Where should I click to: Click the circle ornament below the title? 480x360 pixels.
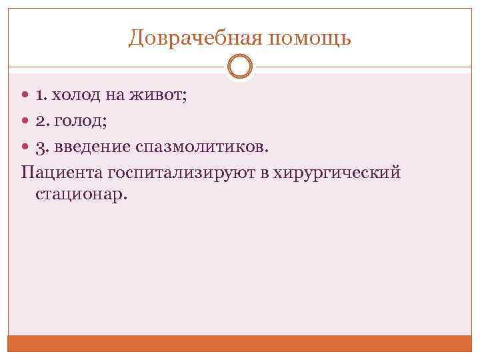point(240,67)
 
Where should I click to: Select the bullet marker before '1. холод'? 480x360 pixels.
point(25,96)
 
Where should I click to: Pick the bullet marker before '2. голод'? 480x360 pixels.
point(25,121)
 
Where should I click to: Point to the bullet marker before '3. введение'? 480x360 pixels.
point(25,145)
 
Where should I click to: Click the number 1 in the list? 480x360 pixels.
point(41,96)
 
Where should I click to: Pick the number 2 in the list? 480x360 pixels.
point(41,121)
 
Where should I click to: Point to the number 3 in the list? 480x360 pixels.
point(41,145)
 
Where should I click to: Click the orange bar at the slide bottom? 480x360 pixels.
point(240,343)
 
